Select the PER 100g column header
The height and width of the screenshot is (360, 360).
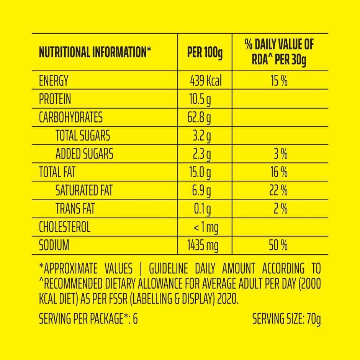coord(205,52)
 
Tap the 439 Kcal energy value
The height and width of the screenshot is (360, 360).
coord(206,81)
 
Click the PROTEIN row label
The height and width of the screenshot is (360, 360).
coord(55,99)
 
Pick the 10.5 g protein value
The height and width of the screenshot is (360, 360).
coord(200,99)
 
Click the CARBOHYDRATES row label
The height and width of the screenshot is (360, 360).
coord(71,117)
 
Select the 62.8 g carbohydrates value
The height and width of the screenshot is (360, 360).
coord(199,117)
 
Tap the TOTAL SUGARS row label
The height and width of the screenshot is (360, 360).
coord(83,136)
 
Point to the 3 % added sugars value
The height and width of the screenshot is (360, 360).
coord(281,154)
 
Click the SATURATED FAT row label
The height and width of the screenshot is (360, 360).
coord(84,190)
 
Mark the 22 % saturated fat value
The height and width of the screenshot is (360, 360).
coord(278,190)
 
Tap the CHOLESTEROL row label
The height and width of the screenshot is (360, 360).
coord(65,227)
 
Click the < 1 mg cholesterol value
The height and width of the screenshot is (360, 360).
coord(206,227)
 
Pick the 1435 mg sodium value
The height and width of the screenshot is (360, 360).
coord(203,245)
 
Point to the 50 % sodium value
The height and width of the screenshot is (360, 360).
coord(278,245)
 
